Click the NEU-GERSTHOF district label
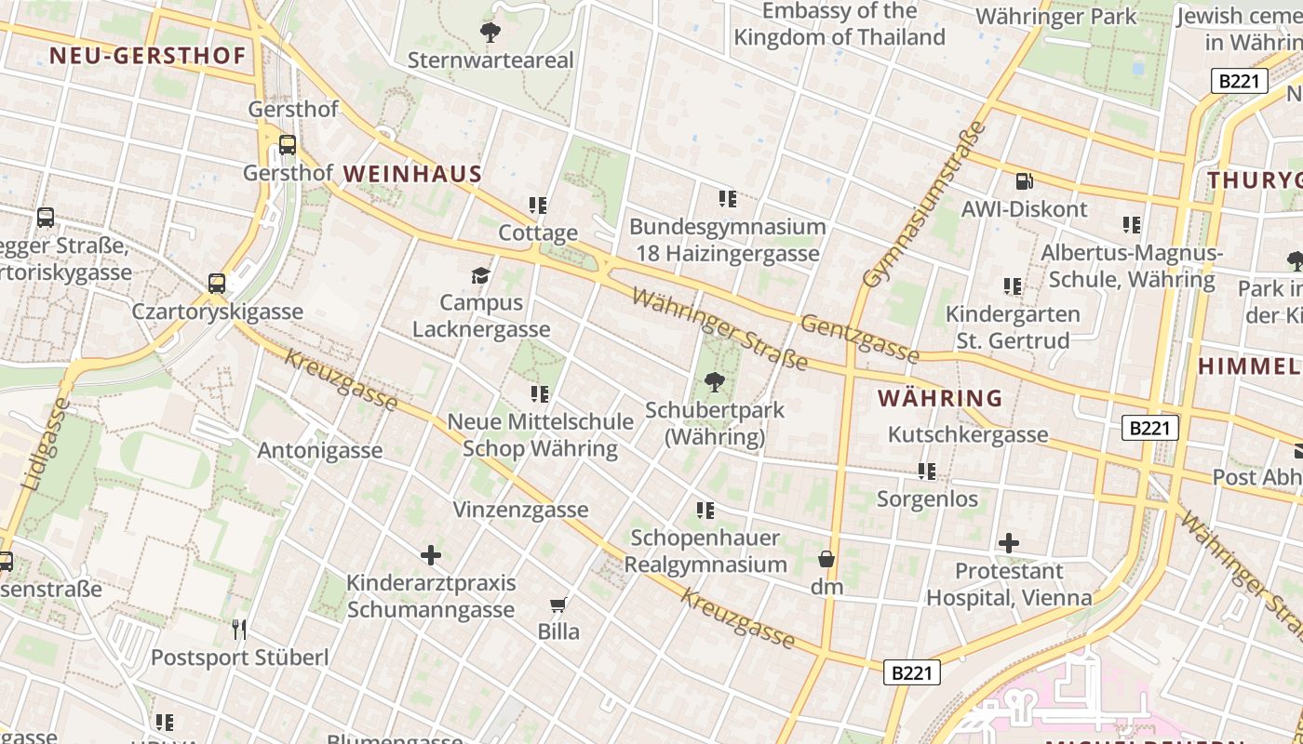tap(147, 56)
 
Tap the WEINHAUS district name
tap(412, 174)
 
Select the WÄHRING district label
tap(940, 399)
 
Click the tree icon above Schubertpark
tap(715, 381)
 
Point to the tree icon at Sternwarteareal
tap(490, 33)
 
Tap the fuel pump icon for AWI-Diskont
tap(1024, 181)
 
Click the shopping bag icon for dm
tap(826, 559)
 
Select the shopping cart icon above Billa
tap(558, 605)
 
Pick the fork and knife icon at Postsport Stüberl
tap(239, 630)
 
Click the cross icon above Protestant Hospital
tap(1009, 542)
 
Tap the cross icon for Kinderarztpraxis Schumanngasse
tap(430, 555)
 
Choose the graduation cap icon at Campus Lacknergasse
tap(480, 275)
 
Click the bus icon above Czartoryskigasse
tap(217, 283)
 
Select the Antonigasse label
tap(319, 451)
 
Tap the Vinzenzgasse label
tap(520, 510)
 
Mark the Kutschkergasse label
tap(967, 434)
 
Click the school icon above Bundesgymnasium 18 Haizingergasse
tap(727, 198)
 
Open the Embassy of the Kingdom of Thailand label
tap(840, 24)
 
